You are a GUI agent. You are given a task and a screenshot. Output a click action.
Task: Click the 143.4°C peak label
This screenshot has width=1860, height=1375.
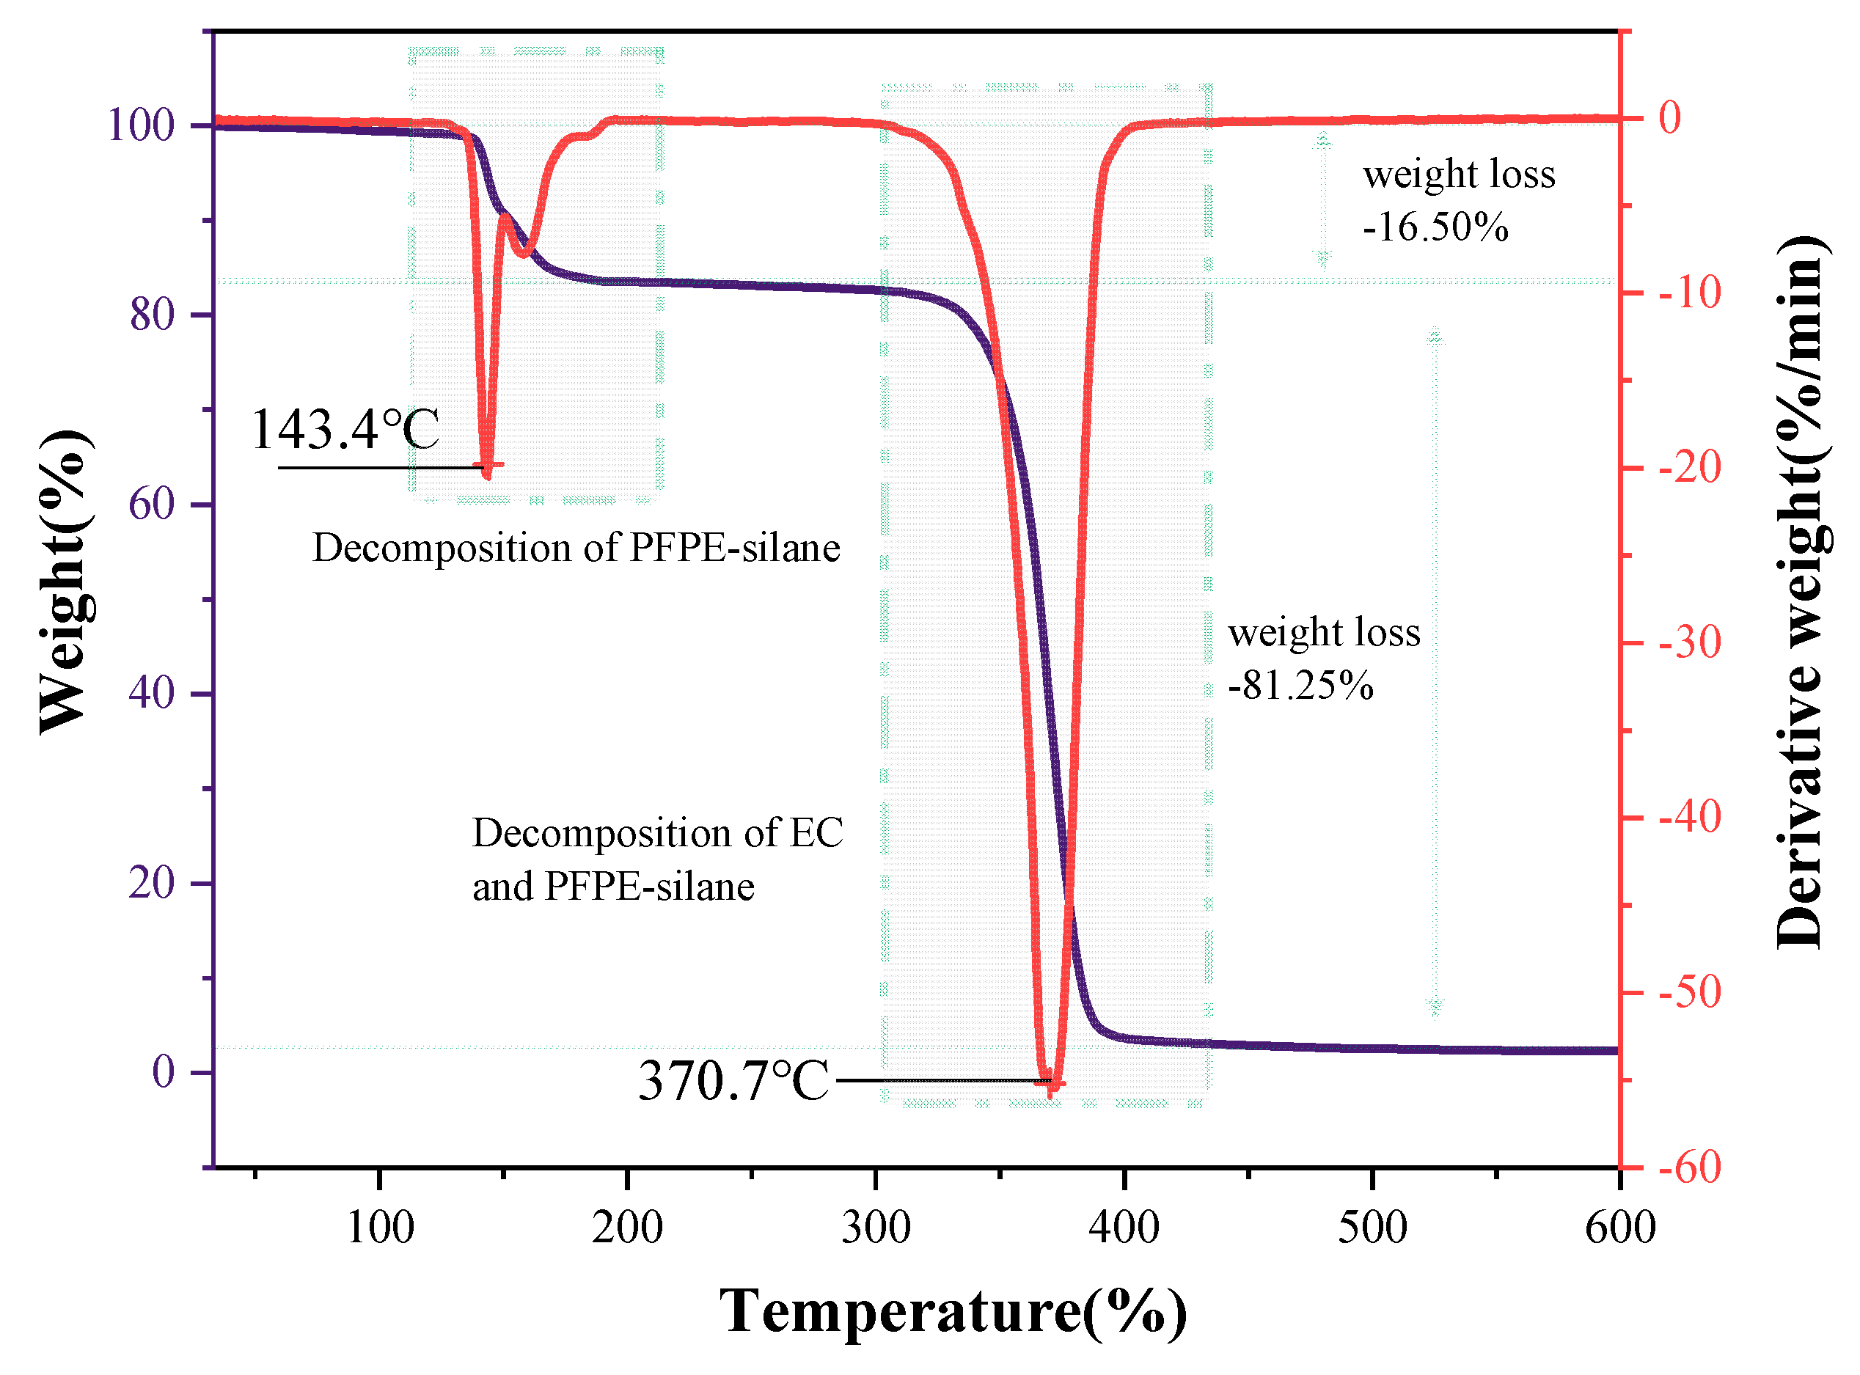[345, 430]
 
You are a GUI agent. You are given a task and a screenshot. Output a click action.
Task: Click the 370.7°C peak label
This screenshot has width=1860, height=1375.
[733, 1082]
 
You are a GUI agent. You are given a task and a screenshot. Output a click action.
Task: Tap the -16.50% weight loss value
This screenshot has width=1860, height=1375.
[1435, 227]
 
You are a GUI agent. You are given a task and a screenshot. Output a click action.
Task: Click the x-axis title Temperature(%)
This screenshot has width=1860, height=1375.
[953, 1311]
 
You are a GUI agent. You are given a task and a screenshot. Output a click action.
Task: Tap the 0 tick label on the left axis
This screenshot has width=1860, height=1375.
[163, 1072]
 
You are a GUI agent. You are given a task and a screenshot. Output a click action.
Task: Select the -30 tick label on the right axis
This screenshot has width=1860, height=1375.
[1689, 642]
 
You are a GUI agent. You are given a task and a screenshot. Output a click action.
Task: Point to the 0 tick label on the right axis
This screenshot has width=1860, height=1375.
[1670, 118]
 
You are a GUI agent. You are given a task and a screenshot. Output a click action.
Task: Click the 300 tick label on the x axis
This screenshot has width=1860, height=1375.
[876, 1228]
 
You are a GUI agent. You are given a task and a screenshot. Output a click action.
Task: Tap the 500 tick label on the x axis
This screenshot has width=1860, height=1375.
[1372, 1228]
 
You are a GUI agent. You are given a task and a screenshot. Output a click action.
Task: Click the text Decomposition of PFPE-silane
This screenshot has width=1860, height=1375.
[576, 549]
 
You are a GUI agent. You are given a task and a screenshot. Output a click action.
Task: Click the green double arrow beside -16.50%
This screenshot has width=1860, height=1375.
[1323, 199]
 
